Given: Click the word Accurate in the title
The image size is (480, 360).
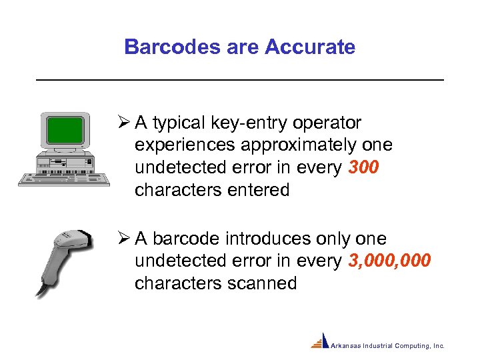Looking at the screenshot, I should coord(310,47).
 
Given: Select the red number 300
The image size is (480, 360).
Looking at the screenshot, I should coord(363,168).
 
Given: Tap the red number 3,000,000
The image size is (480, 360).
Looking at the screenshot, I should coord(389,261).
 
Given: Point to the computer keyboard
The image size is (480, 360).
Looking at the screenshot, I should coord(63,178).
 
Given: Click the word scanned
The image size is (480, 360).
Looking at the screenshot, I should coord(262,283).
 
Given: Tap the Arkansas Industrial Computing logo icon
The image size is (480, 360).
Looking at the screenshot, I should coord(320,341).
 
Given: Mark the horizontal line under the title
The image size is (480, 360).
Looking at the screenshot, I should coord(239,80).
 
